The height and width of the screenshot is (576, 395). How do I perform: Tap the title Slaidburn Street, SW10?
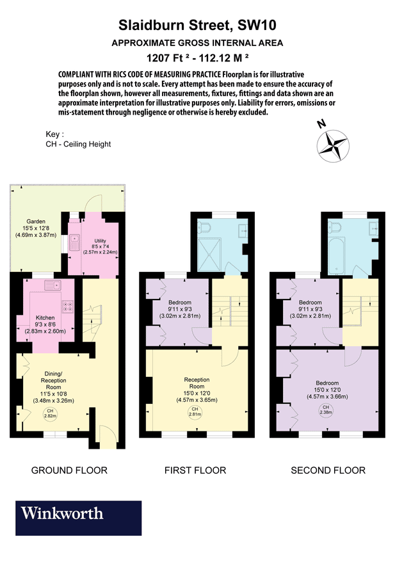(x=197, y=26)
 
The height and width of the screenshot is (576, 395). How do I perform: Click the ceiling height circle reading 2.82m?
(x=49, y=413)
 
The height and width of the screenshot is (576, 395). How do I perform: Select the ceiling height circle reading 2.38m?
(x=326, y=410)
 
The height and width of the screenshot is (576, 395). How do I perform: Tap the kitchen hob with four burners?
(x=67, y=308)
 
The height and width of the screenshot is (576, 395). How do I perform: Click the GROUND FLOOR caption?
(x=69, y=470)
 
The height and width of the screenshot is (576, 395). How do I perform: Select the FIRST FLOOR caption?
(x=195, y=470)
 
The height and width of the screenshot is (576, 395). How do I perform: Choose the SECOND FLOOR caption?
(x=328, y=470)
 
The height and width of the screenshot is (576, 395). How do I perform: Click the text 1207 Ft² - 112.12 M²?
(x=197, y=58)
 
